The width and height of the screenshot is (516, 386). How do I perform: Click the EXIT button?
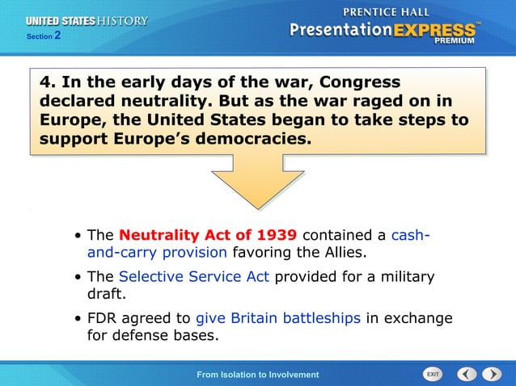(434, 375)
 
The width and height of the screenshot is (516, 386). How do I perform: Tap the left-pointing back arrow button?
(467, 375)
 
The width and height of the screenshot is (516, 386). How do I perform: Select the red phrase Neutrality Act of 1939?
(209, 236)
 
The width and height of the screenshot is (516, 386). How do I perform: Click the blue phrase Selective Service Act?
(194, 277)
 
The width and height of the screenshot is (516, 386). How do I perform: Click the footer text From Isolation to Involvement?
(258, 375)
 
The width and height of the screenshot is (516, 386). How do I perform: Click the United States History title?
(87, 21)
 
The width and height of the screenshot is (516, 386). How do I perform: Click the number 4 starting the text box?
(46, 83)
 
